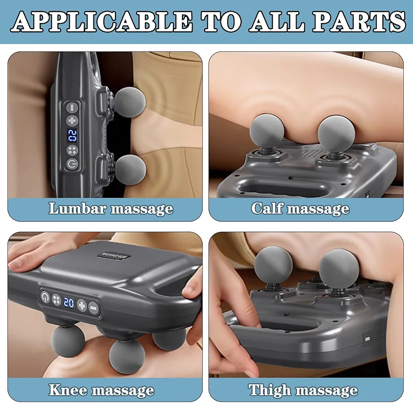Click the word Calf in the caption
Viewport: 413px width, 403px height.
pos(267,208)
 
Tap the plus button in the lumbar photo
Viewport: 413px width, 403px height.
pos(73,121)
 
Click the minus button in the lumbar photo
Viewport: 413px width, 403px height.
pos(72,108)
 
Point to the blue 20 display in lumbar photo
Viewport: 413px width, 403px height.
pos(73,136)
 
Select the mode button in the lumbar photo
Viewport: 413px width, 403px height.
pos(73,150)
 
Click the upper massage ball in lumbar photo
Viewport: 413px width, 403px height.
pos(130,103)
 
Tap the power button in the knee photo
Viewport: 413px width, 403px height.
pos(45,296)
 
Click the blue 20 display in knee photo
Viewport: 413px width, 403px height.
pos(69,303)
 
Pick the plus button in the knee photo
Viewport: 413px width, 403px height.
pos(82,305)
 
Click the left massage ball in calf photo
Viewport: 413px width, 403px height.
pos(267,130)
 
